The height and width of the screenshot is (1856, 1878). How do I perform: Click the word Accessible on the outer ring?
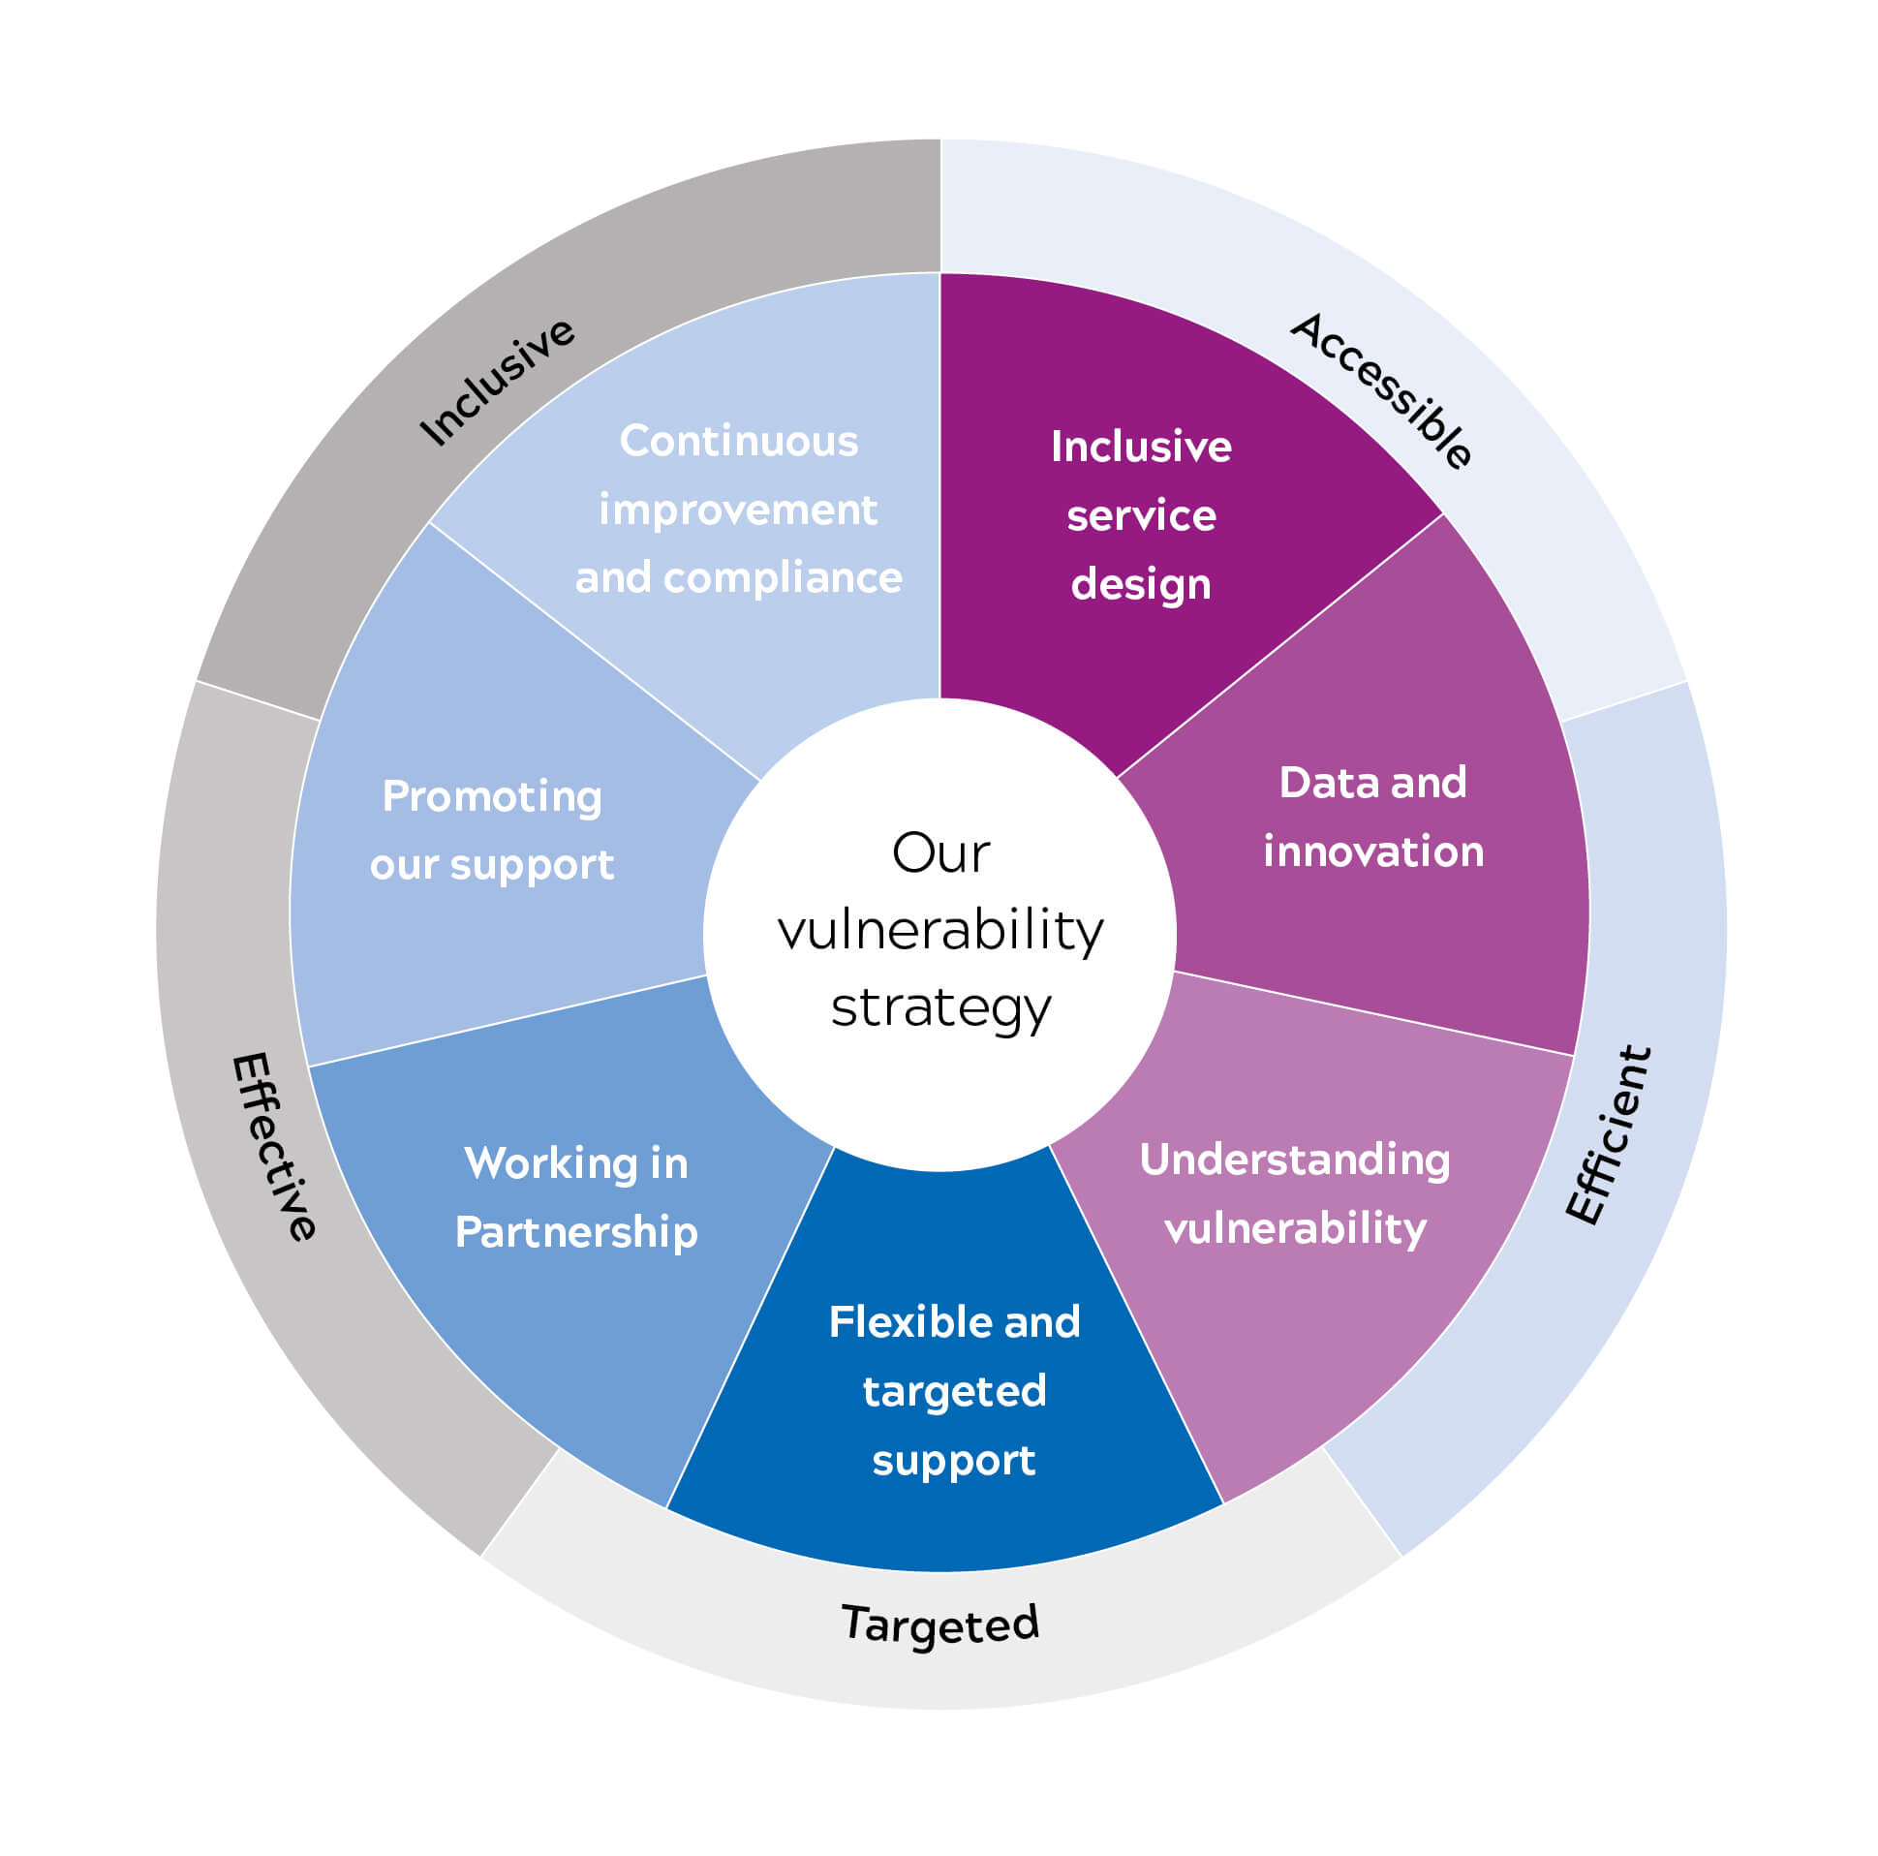click(x=1379, y=389)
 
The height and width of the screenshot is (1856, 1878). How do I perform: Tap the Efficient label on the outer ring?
click(x=1608, y=1134)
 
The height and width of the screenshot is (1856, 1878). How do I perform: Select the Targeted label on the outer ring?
click(x=940, y=1624)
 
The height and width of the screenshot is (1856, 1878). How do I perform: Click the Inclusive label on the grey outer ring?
click(x=497, y=381)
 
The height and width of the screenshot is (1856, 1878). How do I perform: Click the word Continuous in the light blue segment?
click(x=739, y=442)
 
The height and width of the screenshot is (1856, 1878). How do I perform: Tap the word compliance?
click(x=783, y=578)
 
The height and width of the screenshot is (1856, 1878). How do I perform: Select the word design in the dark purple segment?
click(x=1140, y=584)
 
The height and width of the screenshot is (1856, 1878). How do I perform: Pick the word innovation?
click(x=1372, y=851)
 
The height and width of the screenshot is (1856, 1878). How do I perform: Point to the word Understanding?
click(x=1294, y=1160)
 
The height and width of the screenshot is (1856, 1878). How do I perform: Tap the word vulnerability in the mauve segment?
click(x=1295, y=1229)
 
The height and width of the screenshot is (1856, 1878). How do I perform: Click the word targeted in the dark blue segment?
click(x=954, y=1391)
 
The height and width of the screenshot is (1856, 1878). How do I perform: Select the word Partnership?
click(x=576, y=1233)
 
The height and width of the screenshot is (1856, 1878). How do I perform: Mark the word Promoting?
click(x=492, y=797)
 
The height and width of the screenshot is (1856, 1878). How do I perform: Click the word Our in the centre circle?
click(x=940, y=853)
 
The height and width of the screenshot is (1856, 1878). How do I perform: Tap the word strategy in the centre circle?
click(x=940, y=1009)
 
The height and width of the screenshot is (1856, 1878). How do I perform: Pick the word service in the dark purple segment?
click(x=1140, y=515)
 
